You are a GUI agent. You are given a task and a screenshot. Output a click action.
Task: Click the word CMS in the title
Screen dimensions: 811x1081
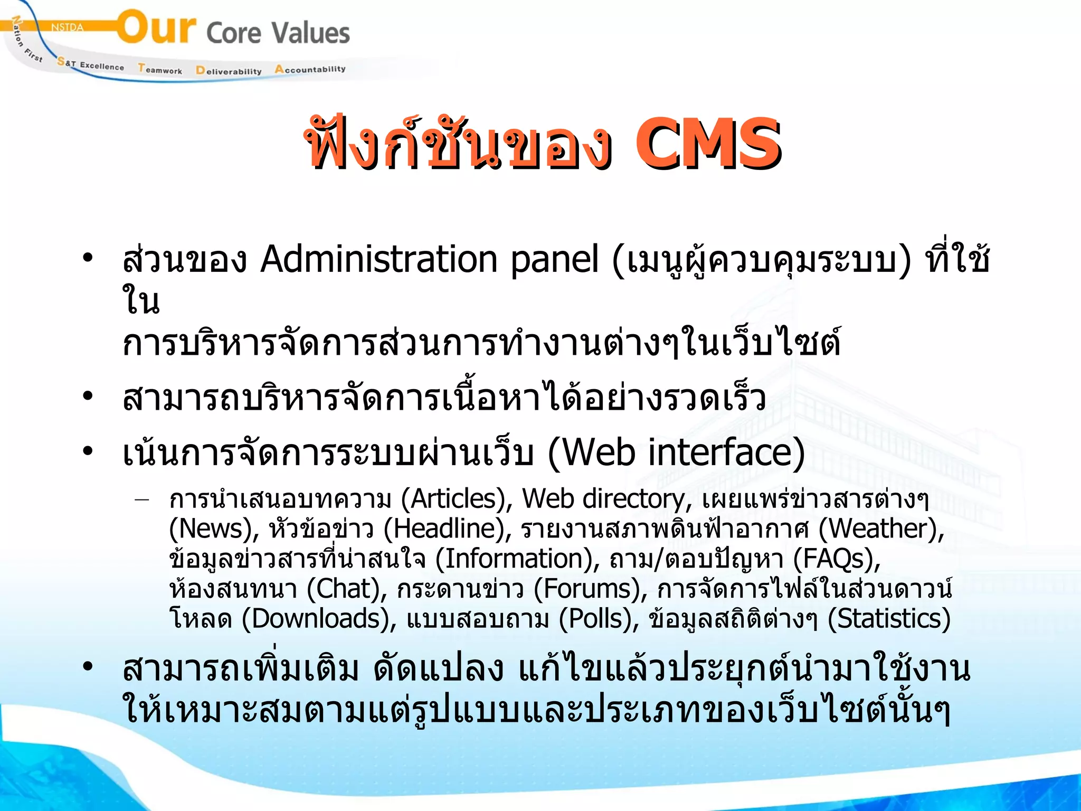(x=707, y=144)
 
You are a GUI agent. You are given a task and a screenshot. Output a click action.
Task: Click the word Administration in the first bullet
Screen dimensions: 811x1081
(x=379, y=259)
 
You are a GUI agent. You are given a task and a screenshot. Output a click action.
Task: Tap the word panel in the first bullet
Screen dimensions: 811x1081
(x=554, y=259)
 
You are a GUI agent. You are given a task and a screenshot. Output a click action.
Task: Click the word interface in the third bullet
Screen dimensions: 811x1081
(x=720, y=452)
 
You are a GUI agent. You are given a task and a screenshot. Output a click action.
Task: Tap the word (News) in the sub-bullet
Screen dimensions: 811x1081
(x=214, y=529)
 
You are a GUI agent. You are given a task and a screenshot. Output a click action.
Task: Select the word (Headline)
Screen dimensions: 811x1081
(x=447, y=529)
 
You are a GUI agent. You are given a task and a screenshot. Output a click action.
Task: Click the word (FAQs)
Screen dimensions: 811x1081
(x=837, y=559)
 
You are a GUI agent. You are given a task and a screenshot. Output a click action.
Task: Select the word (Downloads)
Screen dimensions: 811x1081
(x=319, y=619)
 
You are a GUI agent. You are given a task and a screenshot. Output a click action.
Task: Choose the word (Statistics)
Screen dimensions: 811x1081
(x=889, y=619)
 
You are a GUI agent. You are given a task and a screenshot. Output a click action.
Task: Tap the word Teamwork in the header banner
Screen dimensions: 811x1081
(x=160, y=69)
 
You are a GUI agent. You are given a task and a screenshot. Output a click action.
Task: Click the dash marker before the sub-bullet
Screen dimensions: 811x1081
(x=141, y=499)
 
